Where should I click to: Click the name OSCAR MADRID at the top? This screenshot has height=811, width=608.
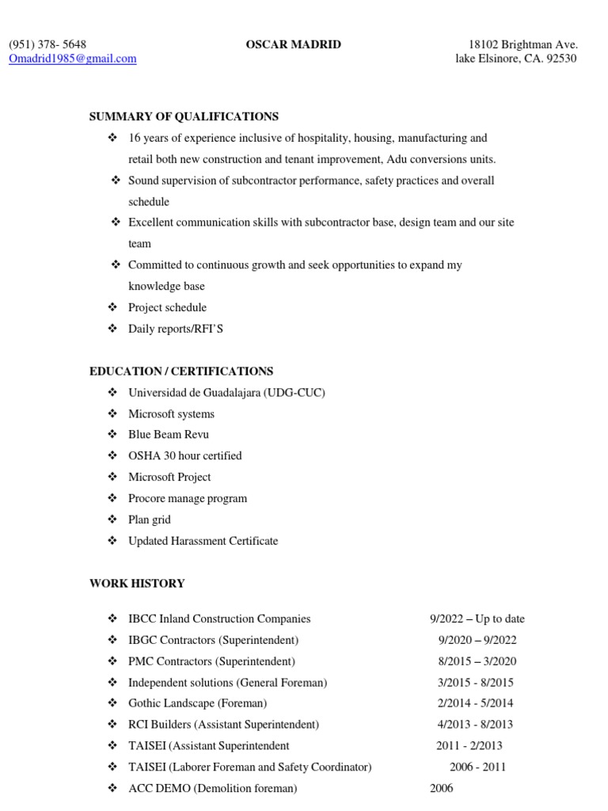click(294, 44)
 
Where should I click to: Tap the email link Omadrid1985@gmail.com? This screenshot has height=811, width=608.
click(73, 59)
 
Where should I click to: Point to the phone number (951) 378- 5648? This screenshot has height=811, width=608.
click(47, 44)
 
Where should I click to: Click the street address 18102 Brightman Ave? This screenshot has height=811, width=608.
click(523, 44)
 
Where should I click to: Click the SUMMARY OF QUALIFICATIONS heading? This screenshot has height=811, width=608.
click(184, 116)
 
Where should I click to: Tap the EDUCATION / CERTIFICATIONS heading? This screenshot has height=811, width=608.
click(181, 371)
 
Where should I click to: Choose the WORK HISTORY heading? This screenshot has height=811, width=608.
click(137, 583)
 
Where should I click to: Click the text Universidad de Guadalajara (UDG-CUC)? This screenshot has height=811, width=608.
click(226, 392)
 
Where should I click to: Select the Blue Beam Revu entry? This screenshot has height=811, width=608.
click(169, 435)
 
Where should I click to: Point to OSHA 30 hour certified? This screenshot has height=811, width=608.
click(185, 455)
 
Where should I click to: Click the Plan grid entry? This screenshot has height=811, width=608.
click(150, 520)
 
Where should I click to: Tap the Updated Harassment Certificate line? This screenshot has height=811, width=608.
click(203, 541)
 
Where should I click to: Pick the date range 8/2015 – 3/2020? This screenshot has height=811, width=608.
click(477, 661)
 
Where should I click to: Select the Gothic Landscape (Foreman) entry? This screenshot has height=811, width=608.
click(198, 702)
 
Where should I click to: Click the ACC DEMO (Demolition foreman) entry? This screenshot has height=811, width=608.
click(213, 788)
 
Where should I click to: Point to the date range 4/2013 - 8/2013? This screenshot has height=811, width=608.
click(475, 724)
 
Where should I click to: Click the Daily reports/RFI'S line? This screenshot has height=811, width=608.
click(176, 328)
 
